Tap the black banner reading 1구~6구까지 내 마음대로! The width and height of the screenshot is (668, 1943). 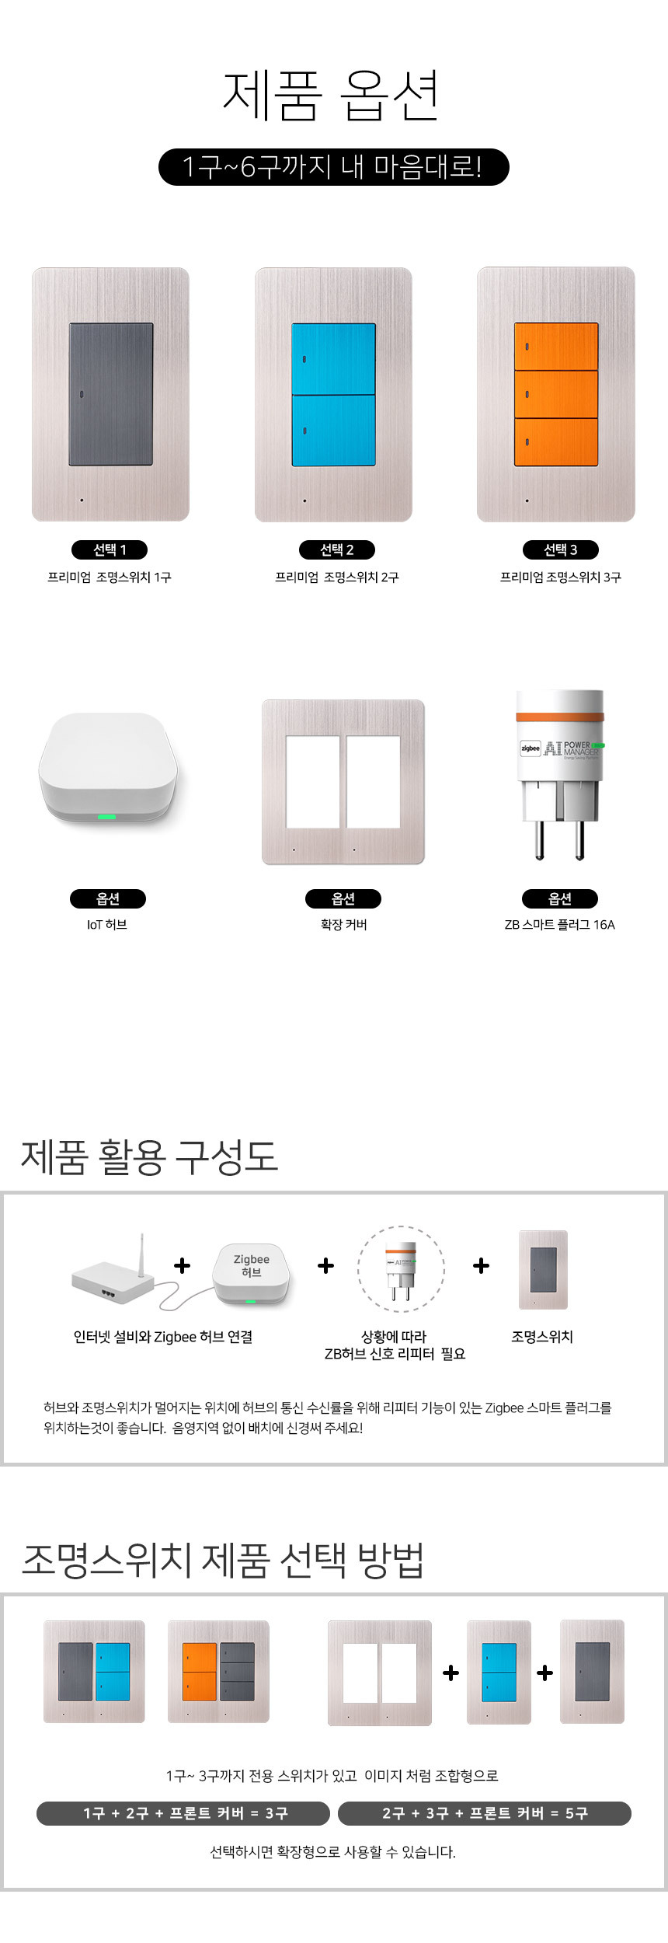[334, 167]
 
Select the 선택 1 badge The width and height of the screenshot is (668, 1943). [110, 549]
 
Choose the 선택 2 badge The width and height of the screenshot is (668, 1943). [337, 549]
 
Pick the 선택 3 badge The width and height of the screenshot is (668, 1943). [561, 549]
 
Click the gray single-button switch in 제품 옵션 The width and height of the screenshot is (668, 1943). [111, 394]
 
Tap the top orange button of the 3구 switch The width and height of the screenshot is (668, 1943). [556, 347]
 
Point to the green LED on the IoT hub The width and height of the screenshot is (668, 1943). [106, 817]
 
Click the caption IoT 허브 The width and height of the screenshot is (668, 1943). [107, 924]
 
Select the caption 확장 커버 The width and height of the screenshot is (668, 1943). [343, 924]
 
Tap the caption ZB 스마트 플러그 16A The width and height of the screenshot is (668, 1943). [560, 924]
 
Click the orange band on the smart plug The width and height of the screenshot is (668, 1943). [560, 717]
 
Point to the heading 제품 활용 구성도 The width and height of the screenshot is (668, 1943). [149, 1156]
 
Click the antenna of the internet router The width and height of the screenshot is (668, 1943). [142, 1254]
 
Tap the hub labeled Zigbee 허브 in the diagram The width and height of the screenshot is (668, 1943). [252, 1274]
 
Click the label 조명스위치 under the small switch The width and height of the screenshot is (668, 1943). [542, 1336]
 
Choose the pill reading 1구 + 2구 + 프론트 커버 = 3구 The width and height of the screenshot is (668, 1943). [183, 1813]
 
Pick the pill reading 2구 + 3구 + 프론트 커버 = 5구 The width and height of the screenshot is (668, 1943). [485, 1813]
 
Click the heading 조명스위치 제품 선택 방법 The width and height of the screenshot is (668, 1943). [223, 1559]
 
